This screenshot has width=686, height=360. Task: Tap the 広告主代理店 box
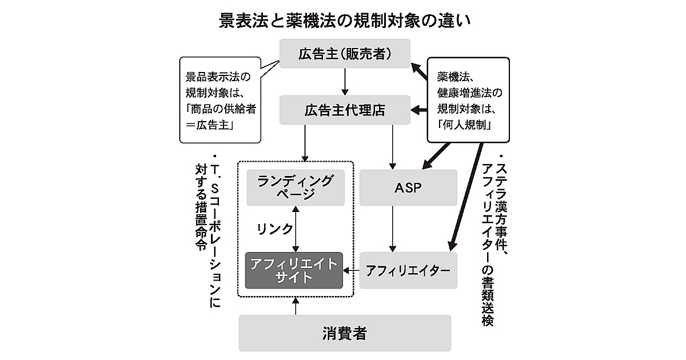345,110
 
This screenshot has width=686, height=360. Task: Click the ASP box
408,187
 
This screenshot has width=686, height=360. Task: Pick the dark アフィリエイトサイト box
294,270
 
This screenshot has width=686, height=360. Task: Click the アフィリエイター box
408,270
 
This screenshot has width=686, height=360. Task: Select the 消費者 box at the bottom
344,333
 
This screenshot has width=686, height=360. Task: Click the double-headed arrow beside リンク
296,229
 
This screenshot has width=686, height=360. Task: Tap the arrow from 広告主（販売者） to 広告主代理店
345,82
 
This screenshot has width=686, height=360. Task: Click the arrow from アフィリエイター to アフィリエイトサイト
351,270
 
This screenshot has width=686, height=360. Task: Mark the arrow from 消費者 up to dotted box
296,306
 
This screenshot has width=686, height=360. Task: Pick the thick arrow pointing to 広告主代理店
420,110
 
